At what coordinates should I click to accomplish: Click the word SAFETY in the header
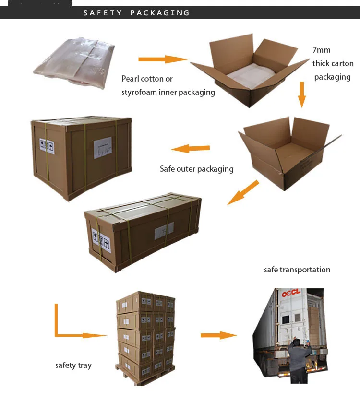[x=103, y=13]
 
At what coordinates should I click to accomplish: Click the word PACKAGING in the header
[x=160, y=13]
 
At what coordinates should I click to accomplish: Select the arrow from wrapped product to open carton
[x=162, y=59]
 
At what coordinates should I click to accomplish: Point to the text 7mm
[x=321, y=50]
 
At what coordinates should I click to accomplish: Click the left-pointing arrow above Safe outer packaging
[x=191, y=148]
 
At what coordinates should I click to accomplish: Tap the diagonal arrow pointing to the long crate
[x=243, y=192]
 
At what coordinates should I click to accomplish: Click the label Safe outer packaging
[x=197, y=169]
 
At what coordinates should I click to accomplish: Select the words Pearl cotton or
[x=147, y=79]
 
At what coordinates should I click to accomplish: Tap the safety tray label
[x=73, y=366]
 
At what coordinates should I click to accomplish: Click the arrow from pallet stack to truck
[x=219, y=335]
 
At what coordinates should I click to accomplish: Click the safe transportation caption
[x=297, y=270]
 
